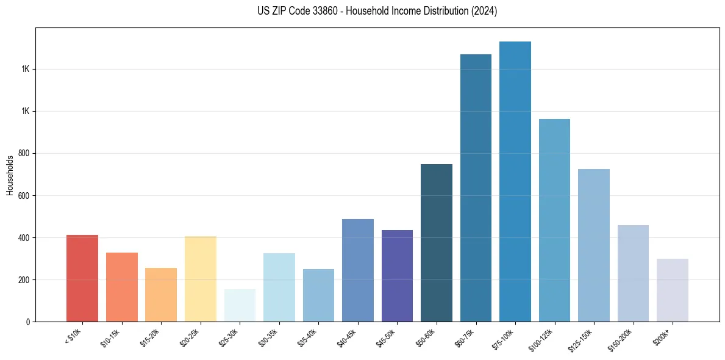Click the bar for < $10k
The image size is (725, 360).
[82, 278]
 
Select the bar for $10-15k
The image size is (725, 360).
[121, 287]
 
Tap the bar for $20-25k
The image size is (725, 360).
[200, 279]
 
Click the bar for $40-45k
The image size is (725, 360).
[357, 270]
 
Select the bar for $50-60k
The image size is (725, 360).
[437, 243]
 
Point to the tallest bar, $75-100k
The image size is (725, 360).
[515, 181]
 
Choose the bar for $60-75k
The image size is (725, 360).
[476, 188]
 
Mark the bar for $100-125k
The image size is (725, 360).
[554, 220]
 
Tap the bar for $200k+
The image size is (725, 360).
[673, 290]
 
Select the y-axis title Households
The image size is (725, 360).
[10, 175]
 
